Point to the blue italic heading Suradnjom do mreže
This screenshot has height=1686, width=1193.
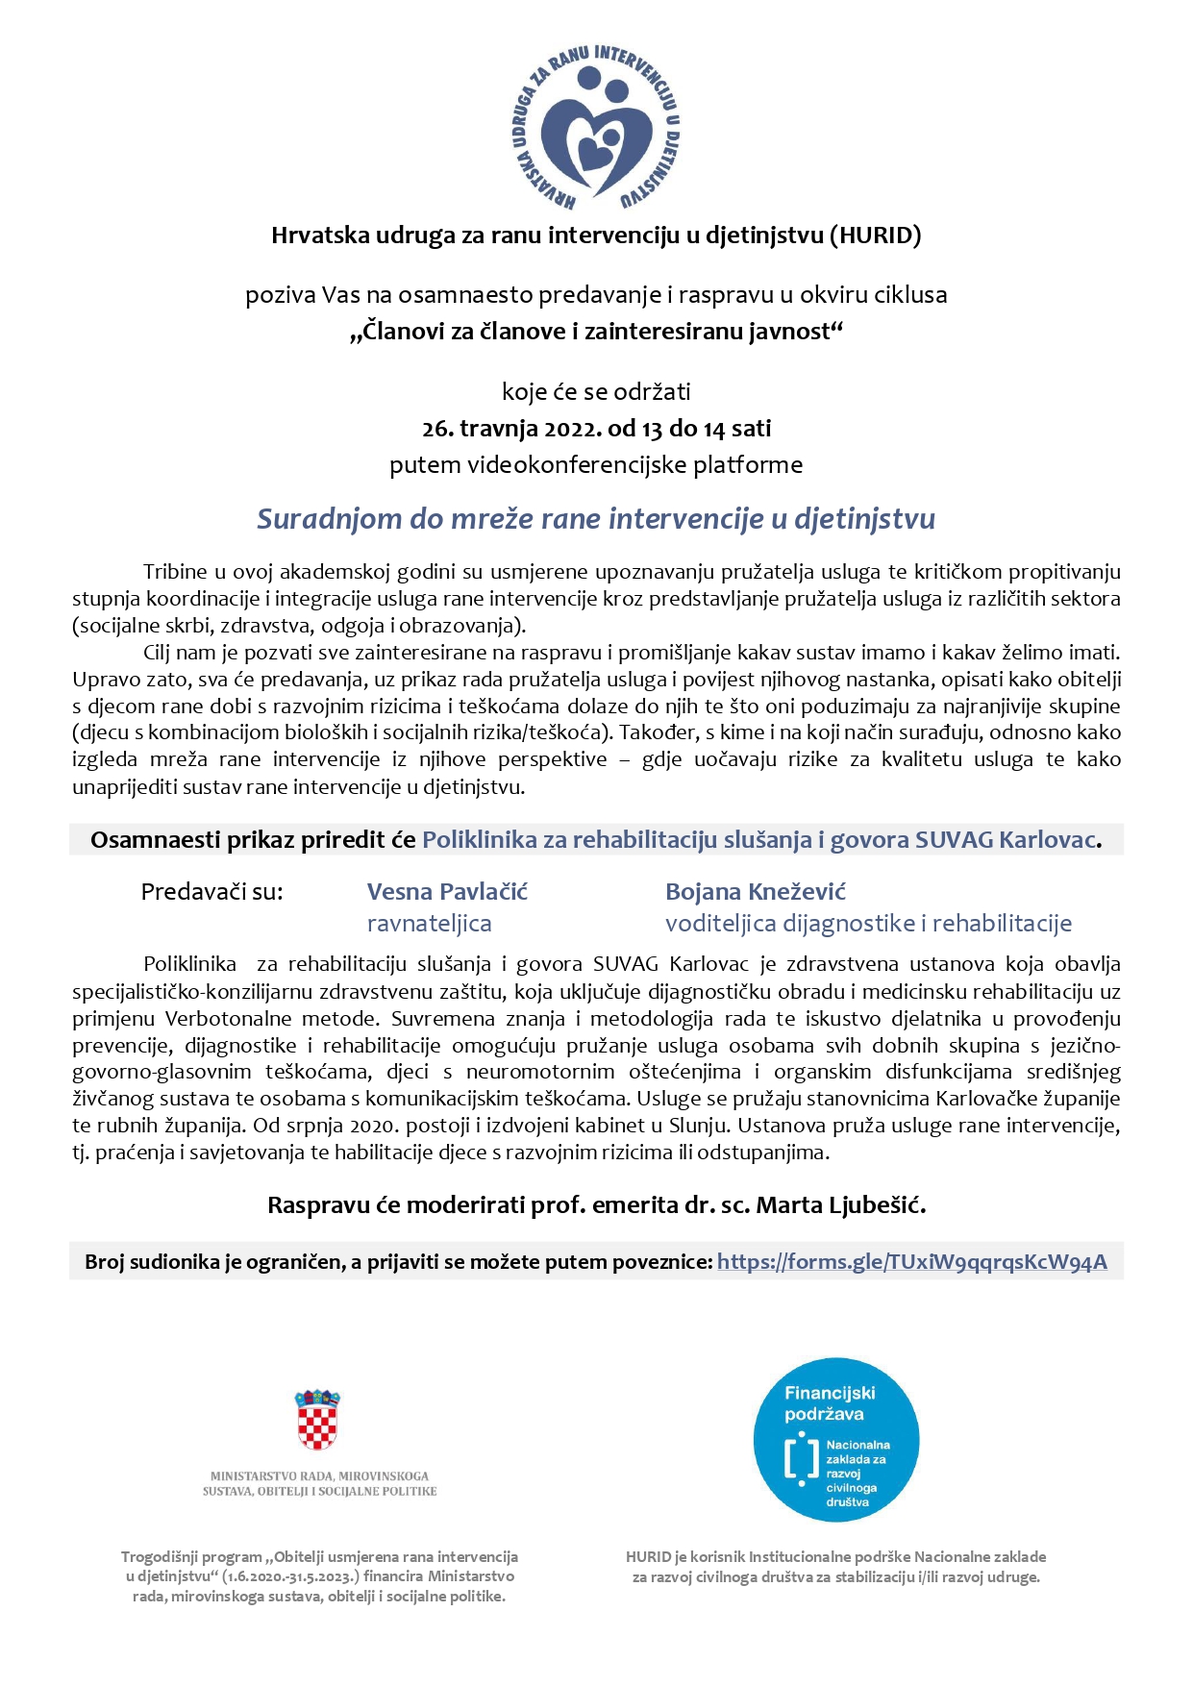pyautogui.click(x=595, y=519)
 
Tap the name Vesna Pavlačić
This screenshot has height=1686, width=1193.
pyautogui.click(x=447, y=892)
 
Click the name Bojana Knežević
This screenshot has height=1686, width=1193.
pyautogui.click(x=756, y=892)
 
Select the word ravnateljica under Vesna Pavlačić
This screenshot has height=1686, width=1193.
pyautogui.click(x=429, y=924)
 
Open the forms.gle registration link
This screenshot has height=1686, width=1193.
pyautogui.click(x=911, y=1262)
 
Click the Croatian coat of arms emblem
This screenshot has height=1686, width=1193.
pyautogui.click(x=317, y=1420)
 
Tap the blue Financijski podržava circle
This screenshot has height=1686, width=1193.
pyautogui.click(x=835, y=1439)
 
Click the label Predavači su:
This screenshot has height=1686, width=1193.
pyautogui.click(x=211, y=892)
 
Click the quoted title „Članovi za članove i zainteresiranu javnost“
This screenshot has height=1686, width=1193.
pyautogui.click(x=595, y=332)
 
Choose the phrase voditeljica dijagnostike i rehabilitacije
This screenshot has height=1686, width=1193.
pyautogui.click(x=868, y=924)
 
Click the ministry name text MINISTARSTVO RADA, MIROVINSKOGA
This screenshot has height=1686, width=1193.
pyautogui.click(x=319, y=1475)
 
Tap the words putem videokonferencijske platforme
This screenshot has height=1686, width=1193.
pyautogui.click(x=595, y=465)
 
